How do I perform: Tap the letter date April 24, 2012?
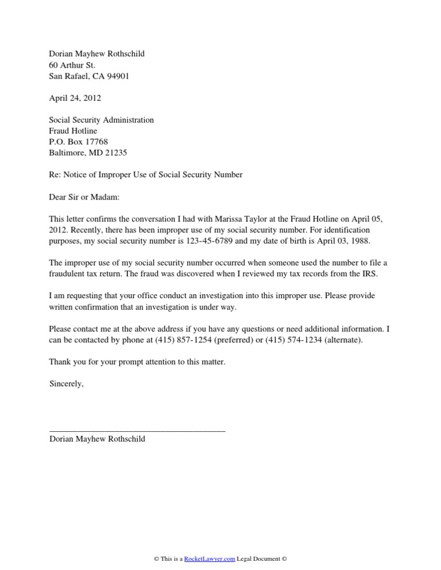point(75,98)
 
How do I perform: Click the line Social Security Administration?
point(102,120)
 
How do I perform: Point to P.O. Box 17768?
point(79,142)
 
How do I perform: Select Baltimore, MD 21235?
point(88,153)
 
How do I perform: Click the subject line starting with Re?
point(146,174)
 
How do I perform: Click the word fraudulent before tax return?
point(71,274)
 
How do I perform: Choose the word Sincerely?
point(67,384)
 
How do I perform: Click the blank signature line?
point(137,428)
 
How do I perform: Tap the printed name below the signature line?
point(97,439)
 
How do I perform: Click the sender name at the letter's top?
point(97,54)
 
